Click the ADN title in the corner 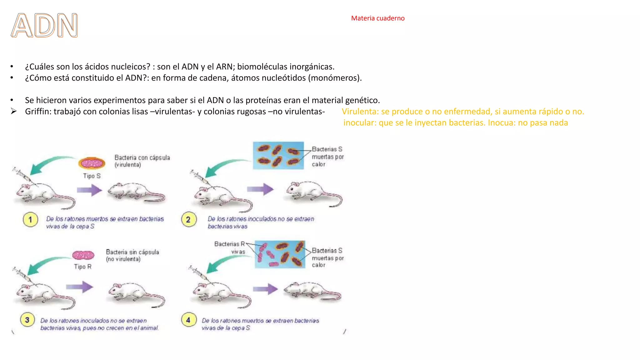tap(44, 26)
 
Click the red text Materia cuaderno tap(377, 18)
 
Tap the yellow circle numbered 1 tap(30, 220)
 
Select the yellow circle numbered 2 tap(188, 220)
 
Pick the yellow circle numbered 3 tap(27, 320)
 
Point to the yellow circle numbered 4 tap(188, 320)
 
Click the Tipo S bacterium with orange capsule tap(92, 163)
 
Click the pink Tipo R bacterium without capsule tap(83, 255)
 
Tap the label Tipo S tap(92, 176)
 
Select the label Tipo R tap(82, 267)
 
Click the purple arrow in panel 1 tap(90, 190)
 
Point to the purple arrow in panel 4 tap(265, 289)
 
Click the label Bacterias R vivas tap(230, 247)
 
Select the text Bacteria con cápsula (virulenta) tap(142, 161)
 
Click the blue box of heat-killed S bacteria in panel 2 tap(278, 155)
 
